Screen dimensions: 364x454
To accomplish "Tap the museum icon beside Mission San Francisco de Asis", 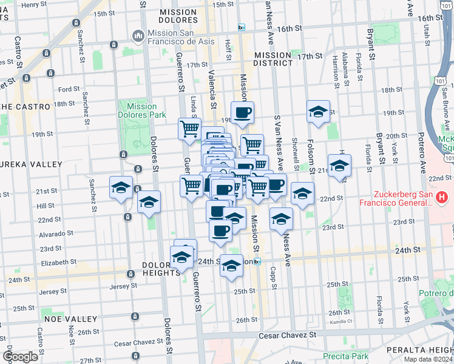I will click(138, 36).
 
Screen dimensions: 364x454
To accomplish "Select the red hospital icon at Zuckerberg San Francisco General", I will click(442, 197).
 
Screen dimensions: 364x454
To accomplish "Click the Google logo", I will click(20, 357).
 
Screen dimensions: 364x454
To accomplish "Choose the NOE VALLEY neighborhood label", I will click(70, 318).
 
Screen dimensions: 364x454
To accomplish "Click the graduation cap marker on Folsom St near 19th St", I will click(318, 112).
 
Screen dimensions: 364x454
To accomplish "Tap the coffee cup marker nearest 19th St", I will click(242, 113).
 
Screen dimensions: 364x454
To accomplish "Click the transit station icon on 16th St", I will click(241, 28).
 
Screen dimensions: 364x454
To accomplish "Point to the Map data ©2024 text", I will click(428, 359).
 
